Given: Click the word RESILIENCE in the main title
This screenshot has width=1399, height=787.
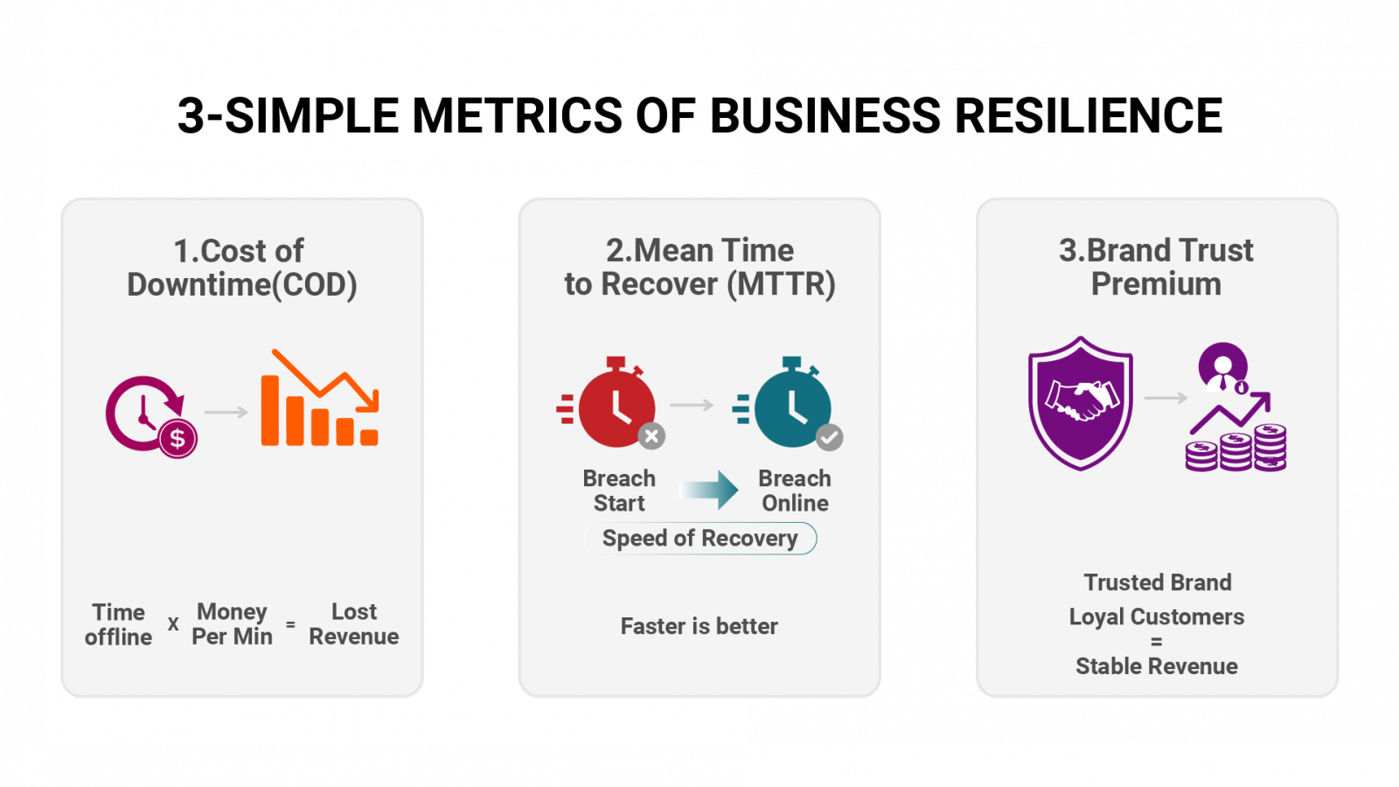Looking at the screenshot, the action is pyautogui.click(x=1088, y=115).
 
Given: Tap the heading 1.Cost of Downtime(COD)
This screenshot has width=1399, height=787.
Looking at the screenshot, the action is pyautogui.click(x=241, y=268).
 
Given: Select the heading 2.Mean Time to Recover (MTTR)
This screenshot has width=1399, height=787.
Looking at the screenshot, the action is pyautogui.click(x=699, y=268).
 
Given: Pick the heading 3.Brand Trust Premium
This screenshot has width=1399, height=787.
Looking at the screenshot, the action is pyautogui.click(x=1156, y=268).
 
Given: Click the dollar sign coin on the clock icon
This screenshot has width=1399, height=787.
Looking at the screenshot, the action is pyautogui.click(x=178, y=438).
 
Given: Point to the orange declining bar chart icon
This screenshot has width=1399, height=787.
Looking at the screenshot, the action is pyautogui.click(x=320, y=398).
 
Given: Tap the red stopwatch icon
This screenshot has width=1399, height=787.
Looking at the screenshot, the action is pyautogui.click(x=611, y=402).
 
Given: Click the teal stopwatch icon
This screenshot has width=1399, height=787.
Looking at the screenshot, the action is pyautogui.click(x=788, y=402).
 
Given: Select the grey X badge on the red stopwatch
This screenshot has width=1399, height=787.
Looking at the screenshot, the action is pyautogui.click(x=651, y=436).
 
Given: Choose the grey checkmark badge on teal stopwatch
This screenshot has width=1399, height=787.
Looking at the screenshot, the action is pyautogui.click(x=830, y=437).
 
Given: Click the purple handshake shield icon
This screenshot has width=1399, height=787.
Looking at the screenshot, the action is pyautogui.click(x=1081, y=403).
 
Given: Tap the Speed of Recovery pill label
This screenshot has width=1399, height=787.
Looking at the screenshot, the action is pyautogui.click(x=700, y=539).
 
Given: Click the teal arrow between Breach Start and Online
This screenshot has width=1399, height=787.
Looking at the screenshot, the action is pyautogui.click(x=709, y=491).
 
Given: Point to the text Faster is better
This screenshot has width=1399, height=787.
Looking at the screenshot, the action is pyautogui.click(x=699, y=626).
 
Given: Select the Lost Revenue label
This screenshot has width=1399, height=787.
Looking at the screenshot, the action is pyautogui.click(x=354, y=624).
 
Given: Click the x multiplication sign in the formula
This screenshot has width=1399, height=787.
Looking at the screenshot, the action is pyautogui.click(x=174, y=623).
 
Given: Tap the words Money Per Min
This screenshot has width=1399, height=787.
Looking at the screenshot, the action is pyautogui.click(x=233, y=624).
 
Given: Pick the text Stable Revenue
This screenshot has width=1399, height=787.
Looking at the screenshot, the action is pyautogui.click(x=1157, y=666).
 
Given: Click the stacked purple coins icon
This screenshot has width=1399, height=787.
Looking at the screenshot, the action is pyautogui.click(x=1236, y=447).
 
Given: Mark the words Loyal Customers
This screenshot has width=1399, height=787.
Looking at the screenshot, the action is pyautogui.click(x=1157, y=617).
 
